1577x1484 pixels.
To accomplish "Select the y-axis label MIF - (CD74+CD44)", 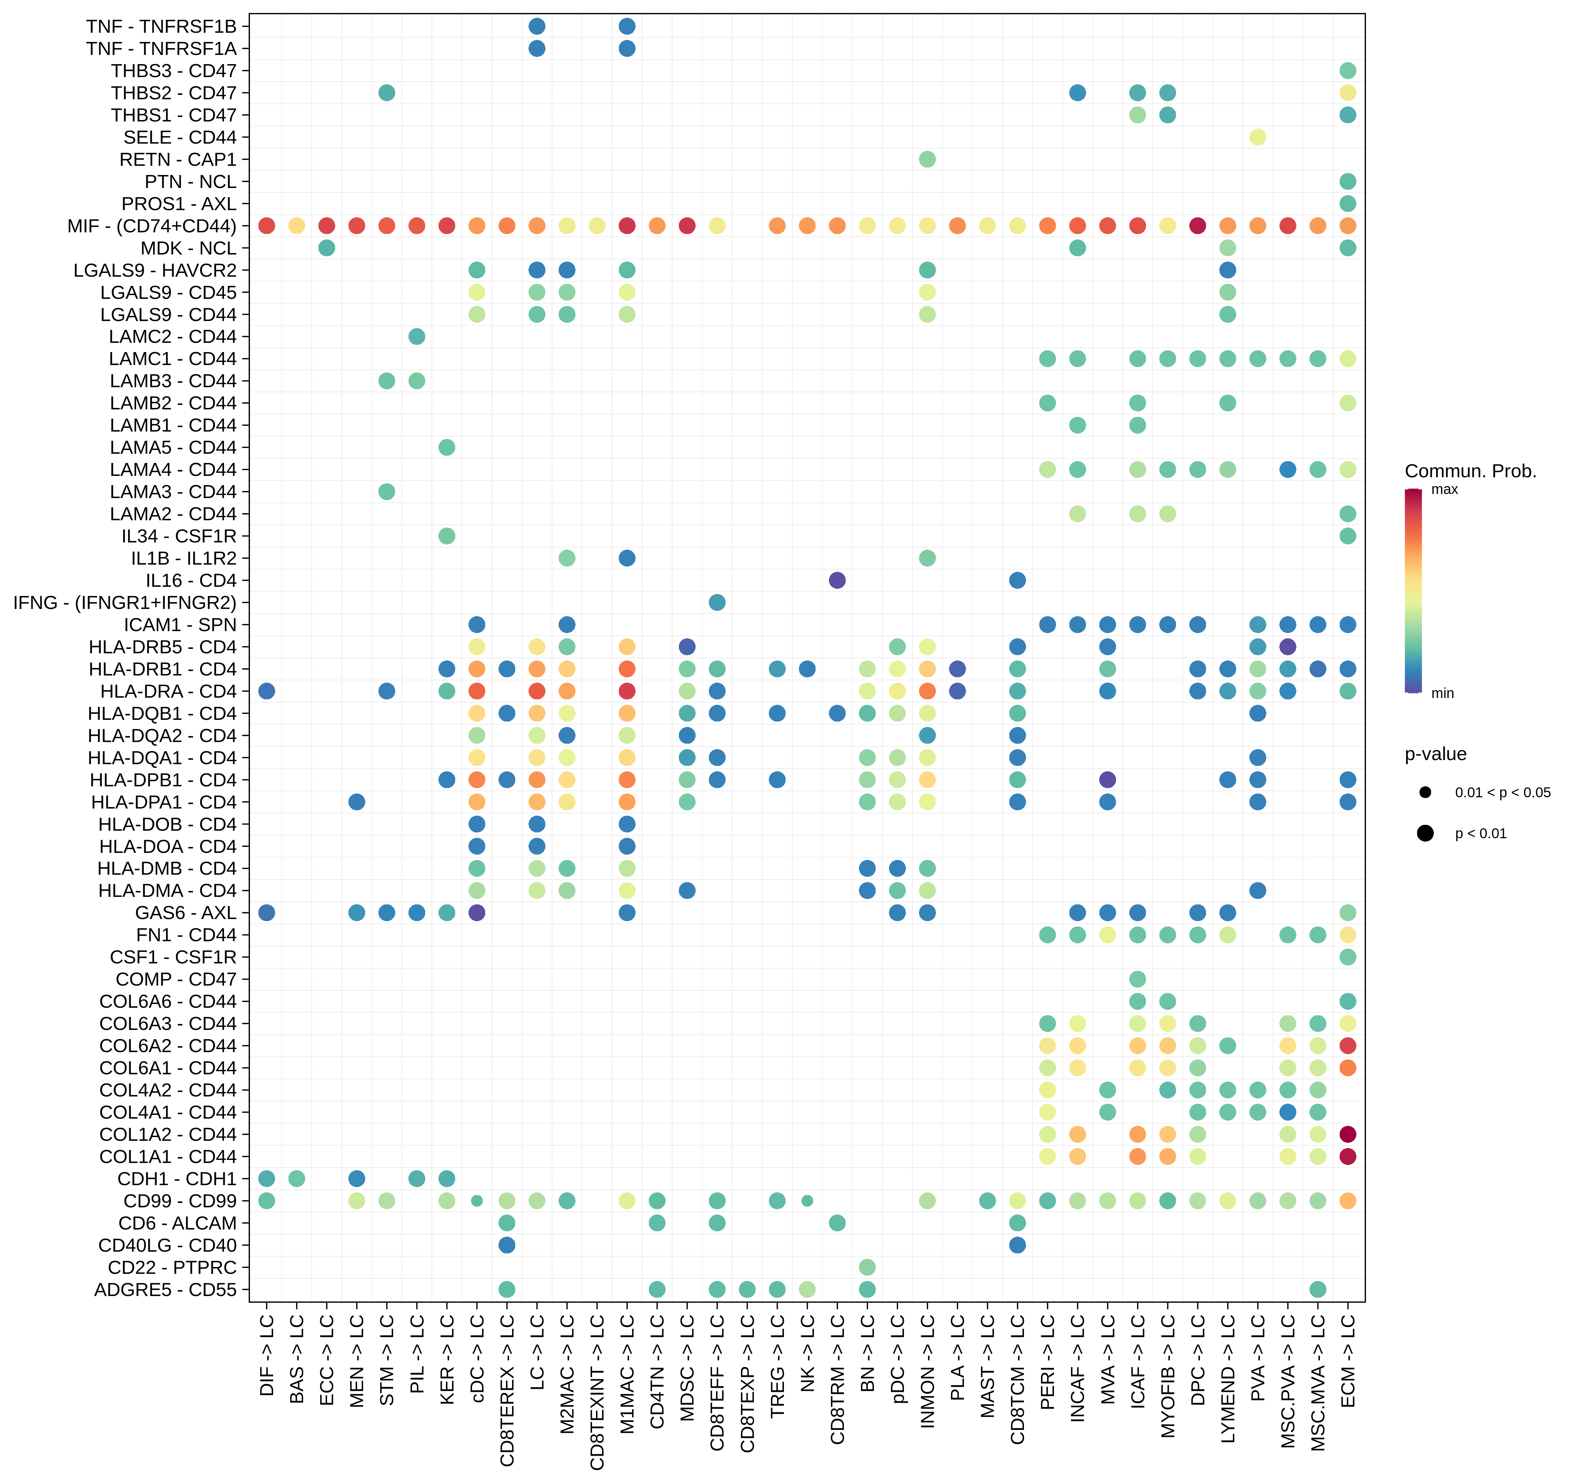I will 151,226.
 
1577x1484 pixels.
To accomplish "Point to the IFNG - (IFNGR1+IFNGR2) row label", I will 124,603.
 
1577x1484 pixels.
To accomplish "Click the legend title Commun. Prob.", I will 1470,471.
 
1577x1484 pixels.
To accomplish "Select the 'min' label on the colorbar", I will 1442,694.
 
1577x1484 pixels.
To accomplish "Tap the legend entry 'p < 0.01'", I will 1480,833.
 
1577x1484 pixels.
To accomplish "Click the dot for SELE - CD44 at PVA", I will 1257,137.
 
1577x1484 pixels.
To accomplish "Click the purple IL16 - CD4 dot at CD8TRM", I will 837,581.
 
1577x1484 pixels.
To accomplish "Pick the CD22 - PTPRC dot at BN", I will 867,1267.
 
